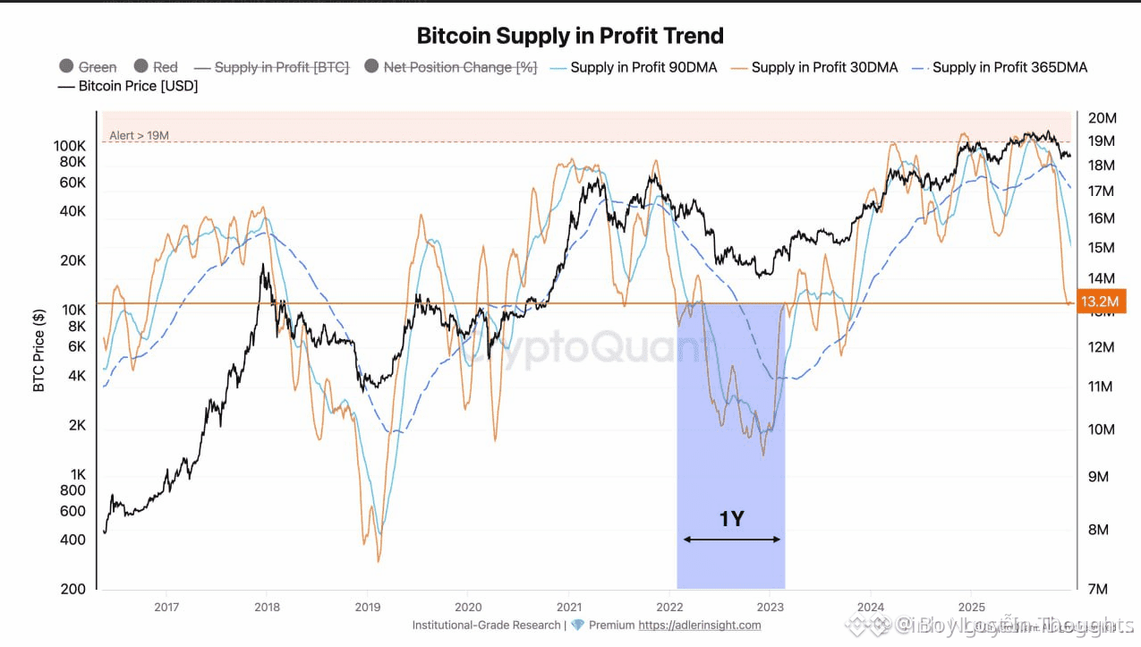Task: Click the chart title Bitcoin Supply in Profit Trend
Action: click(570, 36)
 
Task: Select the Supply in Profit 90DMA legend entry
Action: click(643, 67)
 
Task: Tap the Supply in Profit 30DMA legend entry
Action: click(823, 67)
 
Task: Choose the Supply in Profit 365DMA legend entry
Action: click(1009, 67)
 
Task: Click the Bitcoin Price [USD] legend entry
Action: click(138, 86)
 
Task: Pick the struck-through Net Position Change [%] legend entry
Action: click(459, 67)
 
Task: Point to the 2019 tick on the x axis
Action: click(367, 607)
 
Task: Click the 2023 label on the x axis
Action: click(771, 607)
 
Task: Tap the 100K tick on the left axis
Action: click(70, 145)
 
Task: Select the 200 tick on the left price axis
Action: click(74, 589)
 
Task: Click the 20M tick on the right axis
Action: click(1102, 118)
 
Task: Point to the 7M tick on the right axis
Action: click(1098, 589)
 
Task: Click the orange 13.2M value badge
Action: click(1100, 302)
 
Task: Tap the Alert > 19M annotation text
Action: click(139, 136)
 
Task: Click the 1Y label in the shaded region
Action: click(731, 519)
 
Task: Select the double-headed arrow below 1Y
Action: click(731, 539)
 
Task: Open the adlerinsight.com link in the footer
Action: click(700, 626)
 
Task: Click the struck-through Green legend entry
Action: click(97, 67)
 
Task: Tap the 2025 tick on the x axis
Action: click(972, 607)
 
